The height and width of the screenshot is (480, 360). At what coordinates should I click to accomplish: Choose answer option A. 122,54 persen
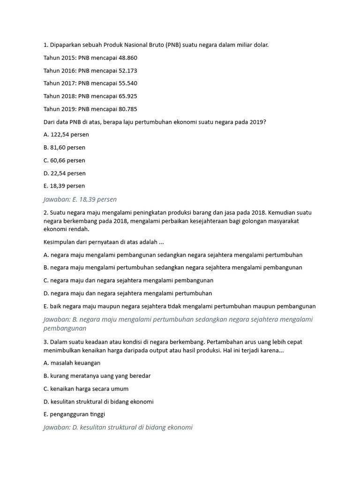tap(66, 135)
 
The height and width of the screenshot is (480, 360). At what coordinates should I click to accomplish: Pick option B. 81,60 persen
tap(64, 147)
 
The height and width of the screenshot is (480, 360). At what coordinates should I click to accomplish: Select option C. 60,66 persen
tap(64, 160)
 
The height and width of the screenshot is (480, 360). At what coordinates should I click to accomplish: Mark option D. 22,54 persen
tap(65, 173)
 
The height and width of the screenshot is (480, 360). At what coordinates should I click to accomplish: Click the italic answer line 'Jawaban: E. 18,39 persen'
tap(80, 199)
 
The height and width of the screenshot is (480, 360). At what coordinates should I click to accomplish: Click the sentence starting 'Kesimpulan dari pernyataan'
tap(104, 242)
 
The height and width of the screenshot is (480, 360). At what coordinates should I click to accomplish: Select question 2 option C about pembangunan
tap(128, 280)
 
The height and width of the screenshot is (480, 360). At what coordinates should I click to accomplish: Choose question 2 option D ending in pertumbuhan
tap(127, 293)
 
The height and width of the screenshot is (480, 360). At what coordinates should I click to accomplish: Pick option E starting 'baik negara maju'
tap(180, 306)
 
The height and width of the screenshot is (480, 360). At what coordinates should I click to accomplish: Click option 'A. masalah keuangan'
tap(72, 363)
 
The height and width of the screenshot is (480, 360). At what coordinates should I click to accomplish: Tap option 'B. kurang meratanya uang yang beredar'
tap(97, 375)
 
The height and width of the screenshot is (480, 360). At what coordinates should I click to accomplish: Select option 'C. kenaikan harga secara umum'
tap(86, 389)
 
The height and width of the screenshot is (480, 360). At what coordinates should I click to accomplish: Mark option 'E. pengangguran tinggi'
tap(74, 414)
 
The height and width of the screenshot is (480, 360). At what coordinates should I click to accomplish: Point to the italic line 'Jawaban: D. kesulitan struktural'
tap(118, 427)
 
